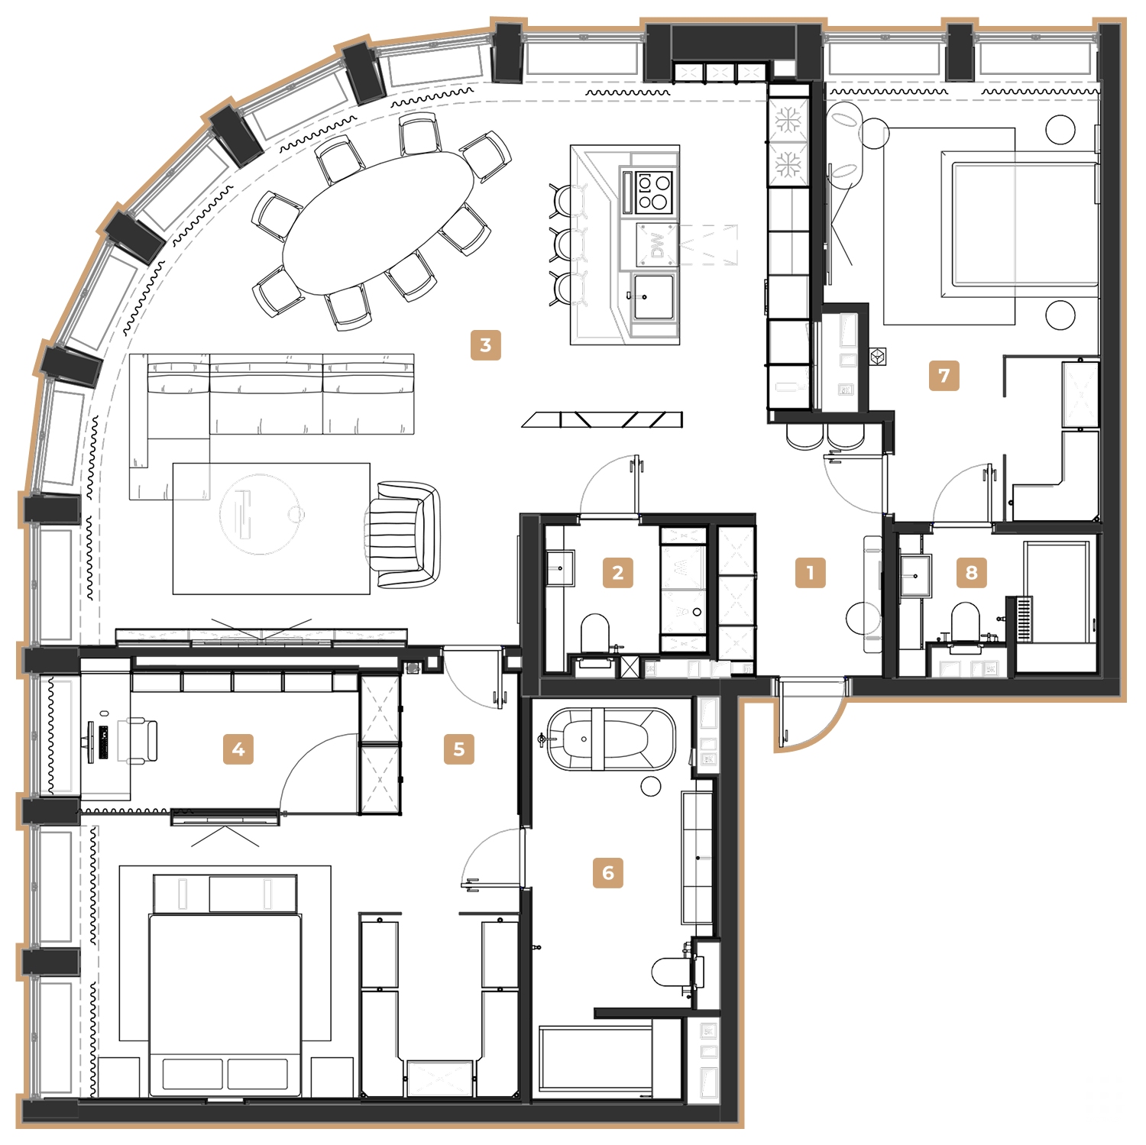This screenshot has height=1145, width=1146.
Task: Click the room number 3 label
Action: pyautogui.click(x=485, y=345)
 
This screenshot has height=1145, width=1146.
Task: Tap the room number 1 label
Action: pyautogui.click(x=810, y=571)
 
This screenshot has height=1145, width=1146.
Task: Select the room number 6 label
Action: pyautogui.click(x=608, y=872)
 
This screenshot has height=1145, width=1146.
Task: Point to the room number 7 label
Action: pyautogui.click(x=944, y=376)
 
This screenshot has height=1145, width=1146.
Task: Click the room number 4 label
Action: pyautogui.click(x=238, y=749)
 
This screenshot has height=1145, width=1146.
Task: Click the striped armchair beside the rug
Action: pyautogui.click(x=403, y=535)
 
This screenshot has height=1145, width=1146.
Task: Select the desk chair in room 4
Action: pyautogui.click(x=138, y=739)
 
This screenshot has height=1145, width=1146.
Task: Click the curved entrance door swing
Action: pyautogui.click(x=814, y=718)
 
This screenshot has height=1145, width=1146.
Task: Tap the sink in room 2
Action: pyautogui.click(x=560, y=568)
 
